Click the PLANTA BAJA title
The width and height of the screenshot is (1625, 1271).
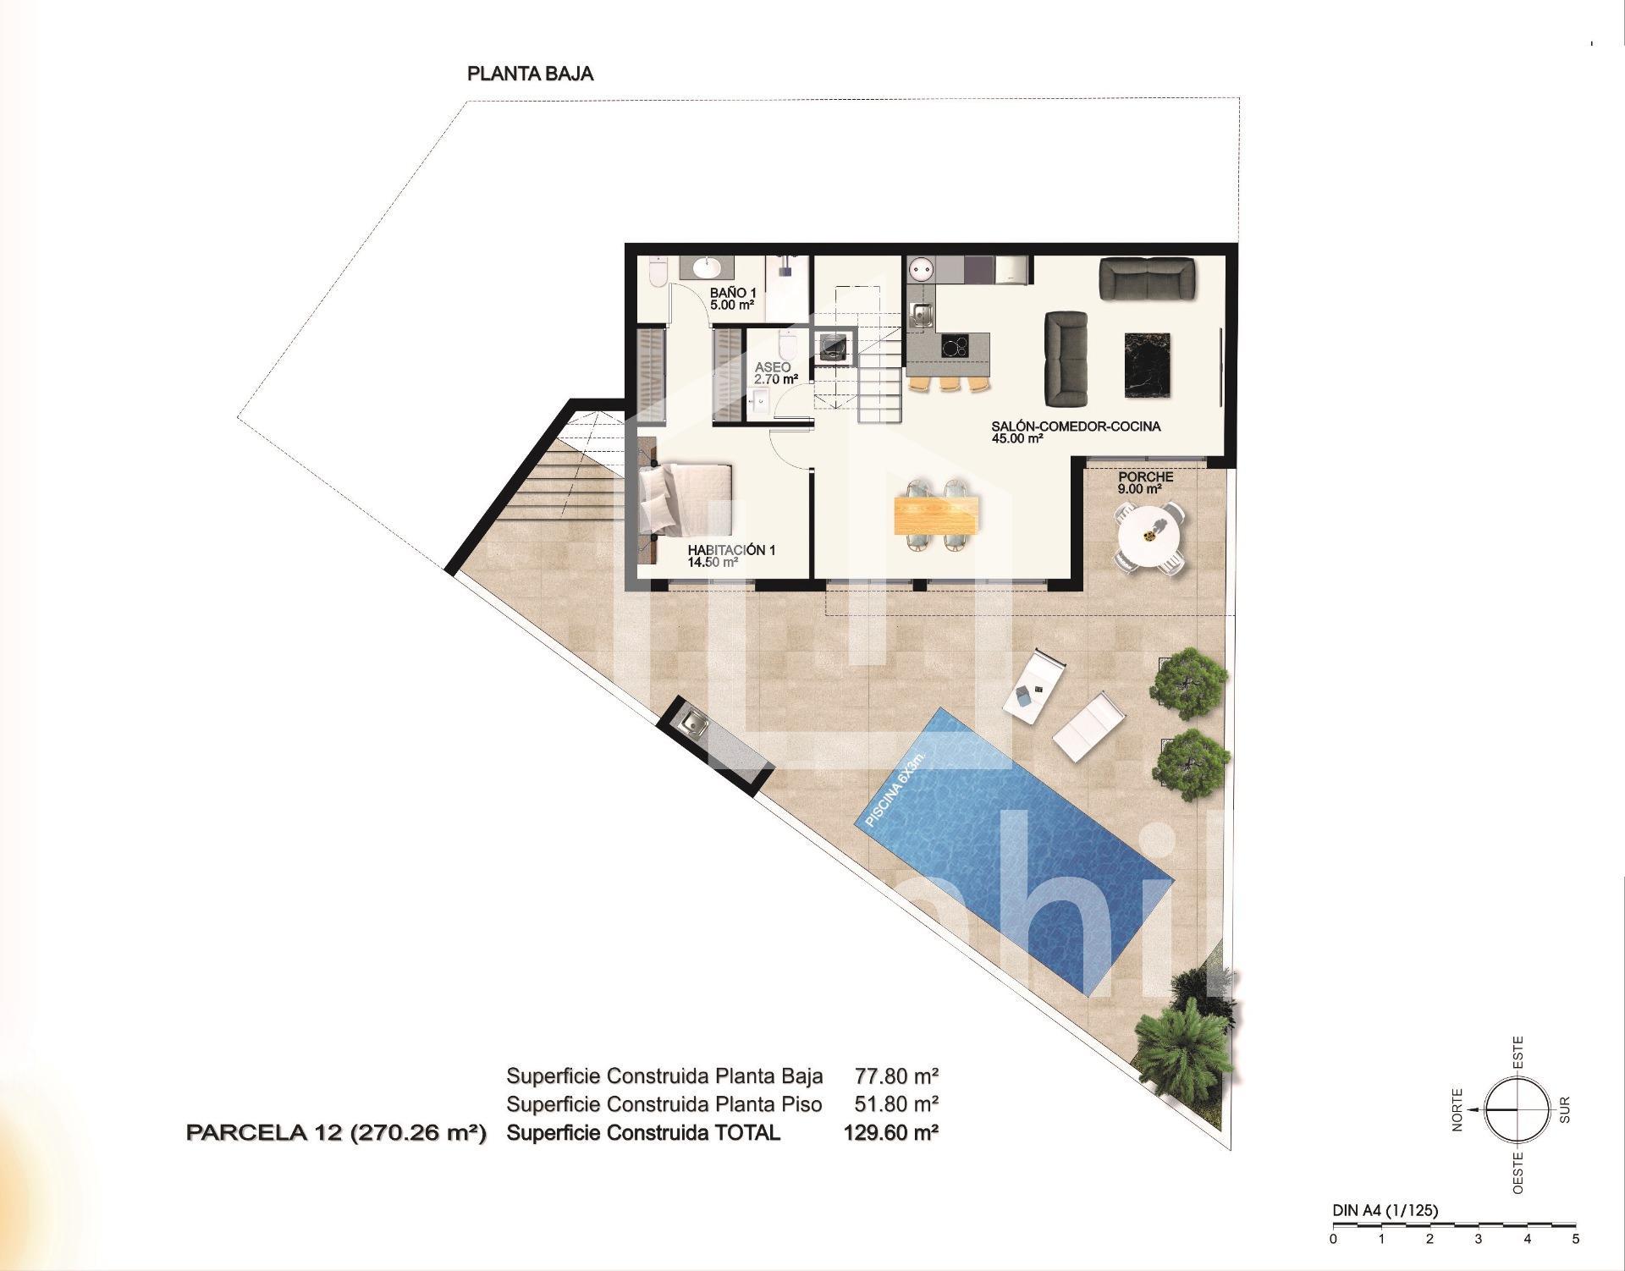(x=531, y=74)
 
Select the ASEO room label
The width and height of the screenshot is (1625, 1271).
(x=773, y=367)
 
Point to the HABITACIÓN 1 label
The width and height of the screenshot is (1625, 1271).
(x=731, y=550)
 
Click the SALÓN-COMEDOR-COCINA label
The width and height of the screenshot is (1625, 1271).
(x=1076, y=426)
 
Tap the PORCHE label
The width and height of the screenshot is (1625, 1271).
(x=1145, y=477)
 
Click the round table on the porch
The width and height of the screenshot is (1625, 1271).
(x=1149, y=536)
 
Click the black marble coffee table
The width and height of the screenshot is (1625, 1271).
(x=1148, y=365)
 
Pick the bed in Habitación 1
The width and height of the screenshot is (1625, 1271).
(x=686, y=498)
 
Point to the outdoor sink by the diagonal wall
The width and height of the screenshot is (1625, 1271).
(x=697, y=723)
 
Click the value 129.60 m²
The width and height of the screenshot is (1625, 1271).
(x=891, y=1132)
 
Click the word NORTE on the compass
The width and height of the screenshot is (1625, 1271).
(x=1457, y=1109)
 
